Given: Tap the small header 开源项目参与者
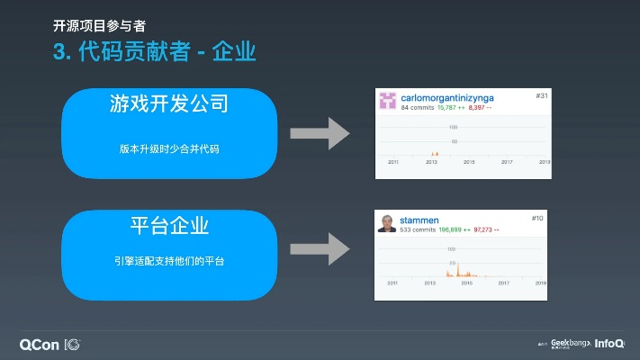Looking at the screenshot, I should point(99,24).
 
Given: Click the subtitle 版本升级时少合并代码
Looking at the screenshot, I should point(168,148).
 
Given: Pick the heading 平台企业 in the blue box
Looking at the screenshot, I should point(168,225).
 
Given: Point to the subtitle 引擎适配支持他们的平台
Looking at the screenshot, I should point(168,261).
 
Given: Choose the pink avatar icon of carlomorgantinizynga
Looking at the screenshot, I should point(388,100).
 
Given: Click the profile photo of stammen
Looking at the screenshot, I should point(387,223).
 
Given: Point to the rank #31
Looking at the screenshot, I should point(542,95).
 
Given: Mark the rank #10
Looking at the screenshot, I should point(537,218).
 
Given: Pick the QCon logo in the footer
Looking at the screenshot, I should point(42,344).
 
